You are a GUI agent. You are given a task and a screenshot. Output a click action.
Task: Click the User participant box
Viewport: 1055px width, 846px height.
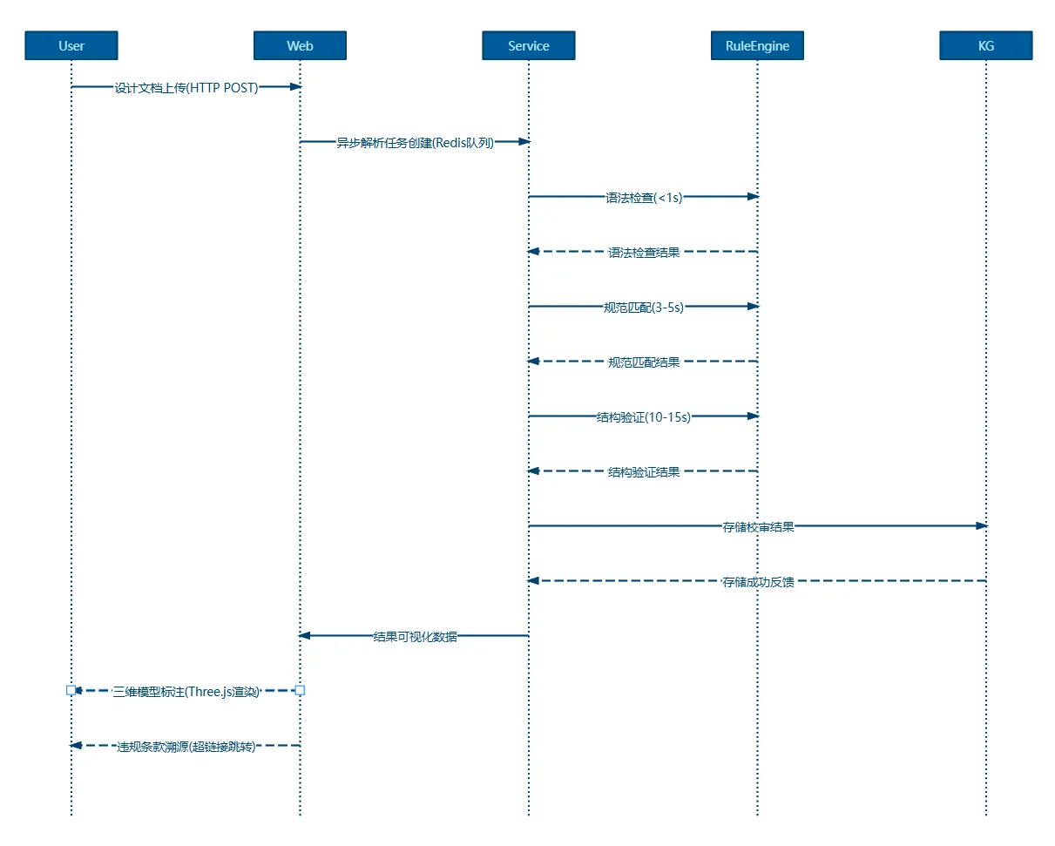pos(71,45)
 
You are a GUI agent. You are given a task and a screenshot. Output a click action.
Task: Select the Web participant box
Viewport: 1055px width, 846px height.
pos(300,45)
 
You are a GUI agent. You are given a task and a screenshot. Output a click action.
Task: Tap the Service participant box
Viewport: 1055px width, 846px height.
pos(529,45)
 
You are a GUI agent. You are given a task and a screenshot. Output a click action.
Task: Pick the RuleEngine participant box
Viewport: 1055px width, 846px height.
pos(757,45)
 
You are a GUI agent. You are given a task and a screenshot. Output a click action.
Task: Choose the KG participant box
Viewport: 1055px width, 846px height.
pos(986,45)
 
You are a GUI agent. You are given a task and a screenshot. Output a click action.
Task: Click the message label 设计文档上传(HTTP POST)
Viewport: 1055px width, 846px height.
pos(186,88)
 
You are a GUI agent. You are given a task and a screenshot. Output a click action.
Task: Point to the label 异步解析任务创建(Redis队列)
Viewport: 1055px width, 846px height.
pos(415,143)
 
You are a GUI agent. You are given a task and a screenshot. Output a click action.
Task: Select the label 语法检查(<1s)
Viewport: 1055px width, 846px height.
pos(644,198)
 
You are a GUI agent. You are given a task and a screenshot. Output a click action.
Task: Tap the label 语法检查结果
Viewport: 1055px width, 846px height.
pos(644,253)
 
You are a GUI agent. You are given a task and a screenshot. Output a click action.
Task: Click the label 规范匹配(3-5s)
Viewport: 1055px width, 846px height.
pos(643,308)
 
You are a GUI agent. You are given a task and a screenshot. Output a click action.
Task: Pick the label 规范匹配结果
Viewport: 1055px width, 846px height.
pos(644,362)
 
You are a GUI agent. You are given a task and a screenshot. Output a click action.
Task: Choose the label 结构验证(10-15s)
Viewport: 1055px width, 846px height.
pos(643,417)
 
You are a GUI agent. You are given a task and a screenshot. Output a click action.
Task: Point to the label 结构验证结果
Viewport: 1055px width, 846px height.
pos(644,472)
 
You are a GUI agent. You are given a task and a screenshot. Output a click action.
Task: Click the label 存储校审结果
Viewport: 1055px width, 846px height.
pos(758,527)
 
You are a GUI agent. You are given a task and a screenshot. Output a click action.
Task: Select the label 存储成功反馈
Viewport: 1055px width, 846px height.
pos(758,582)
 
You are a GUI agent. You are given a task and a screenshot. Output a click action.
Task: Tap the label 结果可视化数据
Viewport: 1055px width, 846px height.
pos(415,637)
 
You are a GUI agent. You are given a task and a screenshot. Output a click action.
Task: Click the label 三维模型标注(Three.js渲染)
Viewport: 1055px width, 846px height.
pos(186,692)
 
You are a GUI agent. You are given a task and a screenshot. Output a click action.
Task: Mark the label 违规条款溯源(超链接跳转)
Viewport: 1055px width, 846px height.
pos(186,747)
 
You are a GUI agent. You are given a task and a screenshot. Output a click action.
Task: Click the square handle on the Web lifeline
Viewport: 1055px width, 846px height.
pos(300,691)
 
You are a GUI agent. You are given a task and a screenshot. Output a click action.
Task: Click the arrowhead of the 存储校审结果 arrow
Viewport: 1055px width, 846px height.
pos(981,525)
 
